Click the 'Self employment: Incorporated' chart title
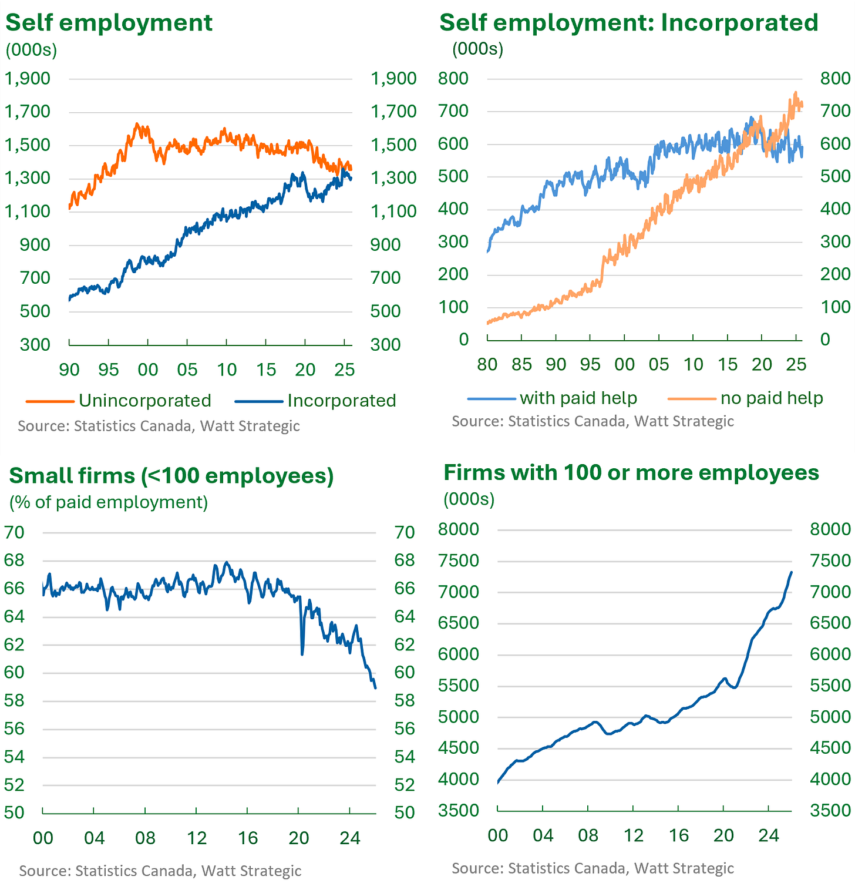click(x=629, y=22)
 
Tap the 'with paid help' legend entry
click(x=552, y=398)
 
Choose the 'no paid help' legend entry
click(x=745, y=398)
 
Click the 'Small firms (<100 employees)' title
click(x=171, y=475)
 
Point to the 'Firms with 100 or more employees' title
click(x=631, y=472)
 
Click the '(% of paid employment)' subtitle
click(x=109, y=502)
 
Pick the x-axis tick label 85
click(x=521, y=365)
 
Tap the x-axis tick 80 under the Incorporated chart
click(x=487, y=365)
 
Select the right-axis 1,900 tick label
click(x=393, y=78)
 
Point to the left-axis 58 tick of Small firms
click(x=14, y=701)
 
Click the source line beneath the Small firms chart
click(x=160, y=871)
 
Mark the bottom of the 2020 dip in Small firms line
click(x=302, y=654)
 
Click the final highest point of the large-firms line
click(x=791, y=572)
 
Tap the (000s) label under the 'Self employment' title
click(x=31, y=51)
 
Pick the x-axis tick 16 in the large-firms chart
click(x=678, y=835)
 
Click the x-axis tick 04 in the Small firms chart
click(x=95, y=838)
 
